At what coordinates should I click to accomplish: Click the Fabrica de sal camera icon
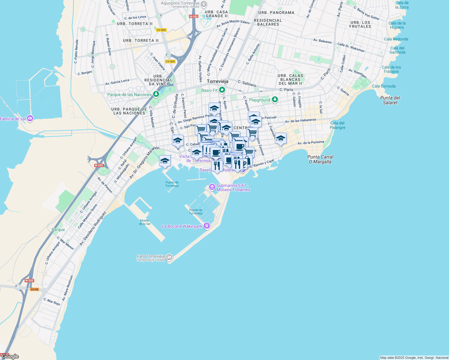30,118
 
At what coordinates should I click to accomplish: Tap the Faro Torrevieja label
151,256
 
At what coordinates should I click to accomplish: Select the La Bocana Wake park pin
206,226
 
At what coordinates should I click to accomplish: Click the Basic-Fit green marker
222,90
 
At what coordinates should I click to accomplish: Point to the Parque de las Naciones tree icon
156,94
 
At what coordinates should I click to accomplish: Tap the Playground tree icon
275,100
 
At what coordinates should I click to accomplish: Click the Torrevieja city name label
218,81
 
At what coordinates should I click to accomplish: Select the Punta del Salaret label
390,100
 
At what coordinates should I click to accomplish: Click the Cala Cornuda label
384,86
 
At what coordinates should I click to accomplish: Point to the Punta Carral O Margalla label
320,159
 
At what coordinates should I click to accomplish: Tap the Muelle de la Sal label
145,222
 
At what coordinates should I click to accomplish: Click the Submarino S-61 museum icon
212,187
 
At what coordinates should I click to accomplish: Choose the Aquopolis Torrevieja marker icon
204,4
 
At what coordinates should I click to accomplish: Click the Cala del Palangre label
338,125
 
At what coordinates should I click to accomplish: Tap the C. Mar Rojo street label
52,301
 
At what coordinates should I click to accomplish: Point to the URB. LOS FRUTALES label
360,24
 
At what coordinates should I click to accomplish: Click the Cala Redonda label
396,39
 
